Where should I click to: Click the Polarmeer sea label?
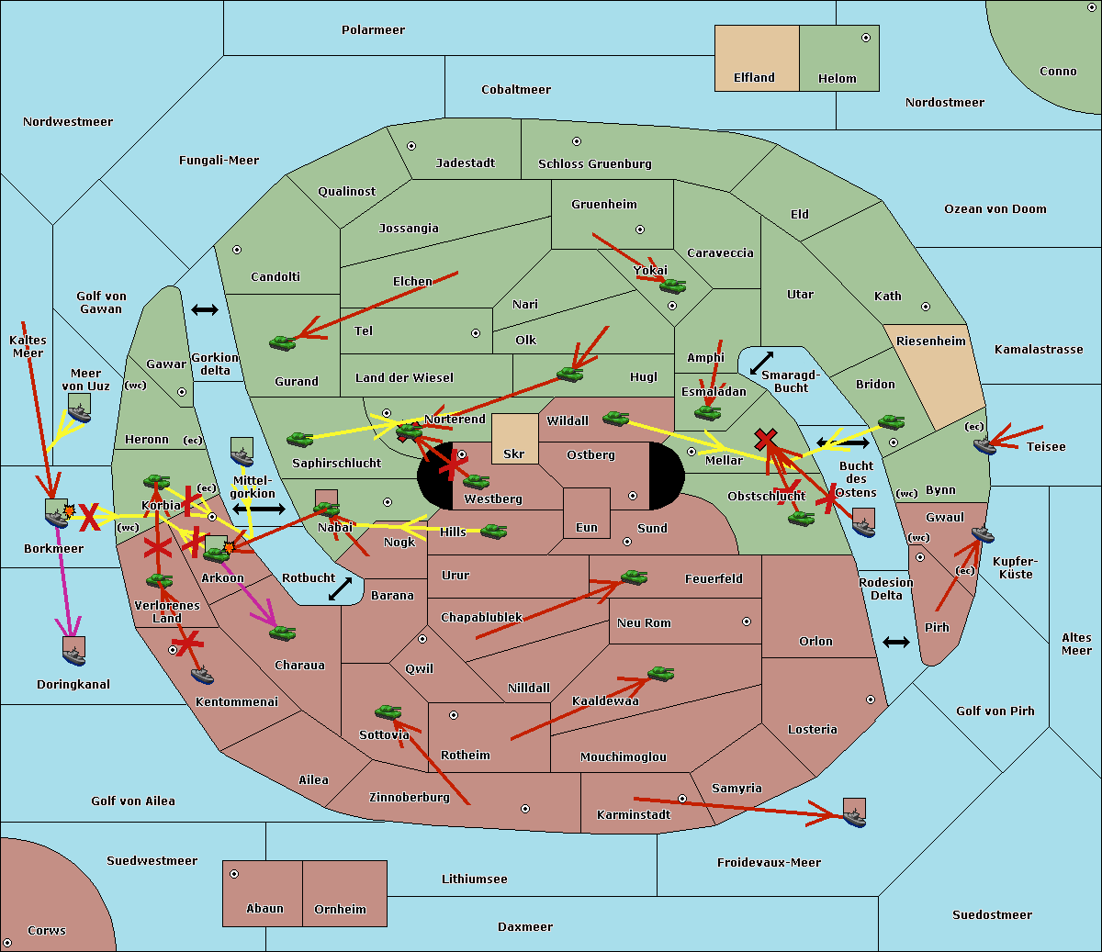(x=373, y=30)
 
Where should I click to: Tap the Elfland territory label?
(x=754, y=78)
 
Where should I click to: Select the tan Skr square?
(x=514, y=439)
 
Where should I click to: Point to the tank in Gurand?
(x=282, y=342)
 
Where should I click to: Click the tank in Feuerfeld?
(x=635, y=577)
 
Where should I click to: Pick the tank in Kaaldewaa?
(x=660, y=674)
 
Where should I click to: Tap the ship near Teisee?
(x=984, y=446)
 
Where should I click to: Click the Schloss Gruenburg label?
(x=594, y=164)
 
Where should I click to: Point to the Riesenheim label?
(x=931, y=342)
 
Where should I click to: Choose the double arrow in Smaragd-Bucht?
(x=761, y=364)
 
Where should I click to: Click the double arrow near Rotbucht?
(x=340, y=588)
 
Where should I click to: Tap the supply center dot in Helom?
(x=865, y=38)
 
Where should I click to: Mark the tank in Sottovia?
(x=388, y=711)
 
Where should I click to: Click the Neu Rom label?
(x=644, y=623)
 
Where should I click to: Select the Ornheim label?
(x=340, y=910)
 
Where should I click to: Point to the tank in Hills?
(x=494, y=531)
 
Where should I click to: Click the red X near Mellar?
(x=765, y=439)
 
